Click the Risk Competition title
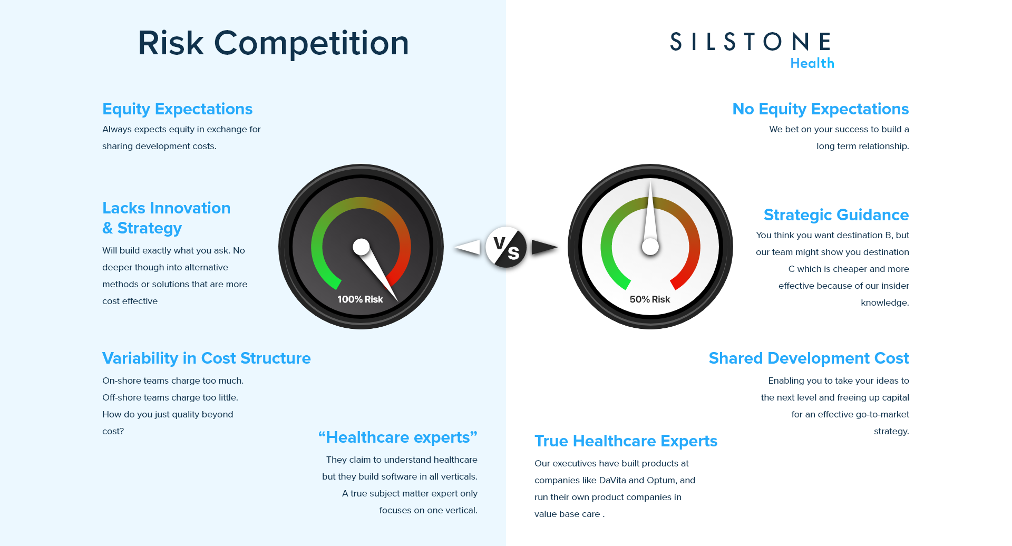pyautogui.click(x=273, y=43)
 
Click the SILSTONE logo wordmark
pyautogui.click(x=751, y=42)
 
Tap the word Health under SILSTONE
pyautogui.click(x=812, y=63)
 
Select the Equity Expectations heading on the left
pyautogui.click(x=177, y=109)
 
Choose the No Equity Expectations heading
pyautogui.click(x=821, y=109)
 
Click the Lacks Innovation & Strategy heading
pyautogui.click(x=166, y=218)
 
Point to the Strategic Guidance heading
pyautogui.click(x=836, y=215)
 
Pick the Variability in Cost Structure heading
pyautogui.click(x=207, y=358)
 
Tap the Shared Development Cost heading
pyautogui.click(x=809, y=358)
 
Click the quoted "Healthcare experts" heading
pyautogui.click(x=398, y=437)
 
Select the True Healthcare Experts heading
pyautogui.click(x=626, y=441)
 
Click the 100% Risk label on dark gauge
pyautogui.click(x=360, y=299)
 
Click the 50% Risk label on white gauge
pyautogui.click(x=650, y=299)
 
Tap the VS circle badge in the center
pyautogui.click(x=506, y=247)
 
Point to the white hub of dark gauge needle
pyautogui.click(x=361, y=247)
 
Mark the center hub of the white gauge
pyautogui.click(x=650, y=247)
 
